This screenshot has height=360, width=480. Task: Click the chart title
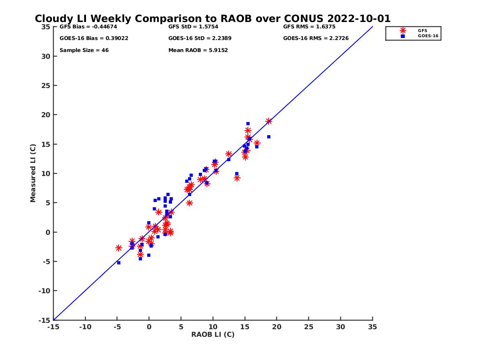pos(212,19)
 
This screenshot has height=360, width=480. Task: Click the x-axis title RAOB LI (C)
pos(213,334)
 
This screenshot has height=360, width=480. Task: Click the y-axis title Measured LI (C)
pos(33,173)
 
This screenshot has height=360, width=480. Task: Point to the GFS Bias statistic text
pos(88,27)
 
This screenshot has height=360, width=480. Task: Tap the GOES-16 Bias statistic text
pos(94,38)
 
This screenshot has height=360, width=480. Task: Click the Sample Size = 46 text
pos(84,50)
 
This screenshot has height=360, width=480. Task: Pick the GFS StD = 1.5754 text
pos(195,27)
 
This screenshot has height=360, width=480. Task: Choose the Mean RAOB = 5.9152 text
pos(198,50)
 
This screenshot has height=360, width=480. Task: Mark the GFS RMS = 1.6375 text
pos(309,27)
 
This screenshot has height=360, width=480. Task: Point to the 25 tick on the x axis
pos(308,327)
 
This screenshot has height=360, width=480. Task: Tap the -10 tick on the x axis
pos(85,327)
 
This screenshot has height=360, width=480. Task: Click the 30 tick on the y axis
pos(45,56)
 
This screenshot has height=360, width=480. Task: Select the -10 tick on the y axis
pos(44,291)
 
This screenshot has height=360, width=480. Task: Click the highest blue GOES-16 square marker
pos(248,124)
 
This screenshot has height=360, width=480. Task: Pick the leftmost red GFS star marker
pos(119,248)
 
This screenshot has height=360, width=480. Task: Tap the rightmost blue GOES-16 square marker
pos(269,137)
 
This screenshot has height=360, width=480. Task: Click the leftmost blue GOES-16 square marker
pos(119,263)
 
